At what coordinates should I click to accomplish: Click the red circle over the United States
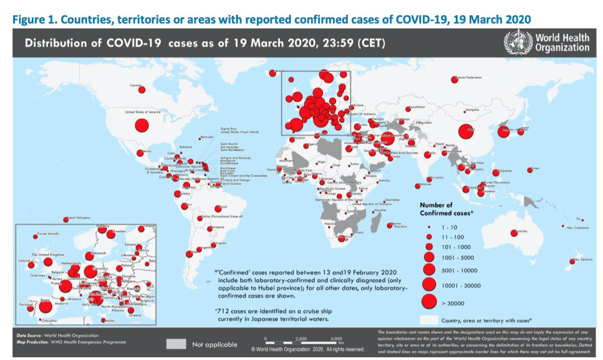pos(141,126)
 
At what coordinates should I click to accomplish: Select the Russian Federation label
pos(470,78)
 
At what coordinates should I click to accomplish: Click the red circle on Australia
pos(514,233)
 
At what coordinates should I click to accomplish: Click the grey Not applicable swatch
pos(176,344)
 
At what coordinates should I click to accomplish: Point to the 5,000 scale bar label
pos(336,339)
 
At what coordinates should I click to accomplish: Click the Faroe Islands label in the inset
pos(49,234)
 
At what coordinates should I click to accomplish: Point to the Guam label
pos(536,168)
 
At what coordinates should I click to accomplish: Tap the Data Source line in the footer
pos(57,335)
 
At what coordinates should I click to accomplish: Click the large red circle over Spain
pos(46,305)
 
